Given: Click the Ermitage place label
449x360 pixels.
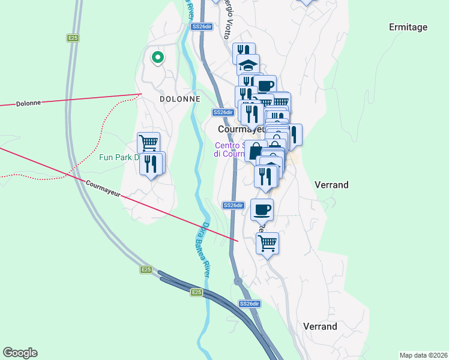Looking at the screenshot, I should (x=408, y=27).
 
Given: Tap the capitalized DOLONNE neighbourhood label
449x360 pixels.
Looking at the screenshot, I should (x=179, y=98).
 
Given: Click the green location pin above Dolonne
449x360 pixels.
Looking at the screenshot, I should (x=157, y=58).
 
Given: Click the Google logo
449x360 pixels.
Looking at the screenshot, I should (x=20, y=353).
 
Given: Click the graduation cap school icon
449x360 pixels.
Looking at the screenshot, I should (x=248, y=64).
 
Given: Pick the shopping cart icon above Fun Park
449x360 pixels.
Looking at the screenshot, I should (x=148, y=143).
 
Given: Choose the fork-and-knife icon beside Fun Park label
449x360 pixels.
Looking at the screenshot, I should (x=151, y=163).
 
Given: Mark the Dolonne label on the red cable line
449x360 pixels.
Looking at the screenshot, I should (x=29, y=103).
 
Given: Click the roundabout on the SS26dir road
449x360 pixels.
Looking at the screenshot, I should (x=238, y=281).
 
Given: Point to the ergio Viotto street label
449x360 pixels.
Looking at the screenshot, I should (x=230, y=18).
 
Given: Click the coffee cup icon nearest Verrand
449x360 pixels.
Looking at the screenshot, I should (x=262, y=209).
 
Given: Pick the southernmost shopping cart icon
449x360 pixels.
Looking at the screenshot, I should (x=267, y=243).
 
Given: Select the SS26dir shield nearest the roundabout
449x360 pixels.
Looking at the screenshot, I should (x=249, y=304).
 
